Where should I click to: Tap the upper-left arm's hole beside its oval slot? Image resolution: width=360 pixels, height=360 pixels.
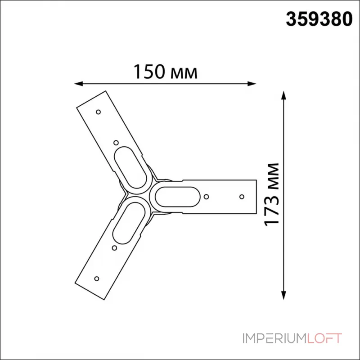pyautogui.click(x=116, y=143)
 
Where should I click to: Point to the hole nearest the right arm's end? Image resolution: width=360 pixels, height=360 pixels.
pyautogui.click(x=242, y=197)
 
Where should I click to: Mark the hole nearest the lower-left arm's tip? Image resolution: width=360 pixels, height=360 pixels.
pyautogui.click(x=96, y=278)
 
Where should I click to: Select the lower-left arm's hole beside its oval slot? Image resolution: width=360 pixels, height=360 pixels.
pyautogui.click(x=114, y=247)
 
